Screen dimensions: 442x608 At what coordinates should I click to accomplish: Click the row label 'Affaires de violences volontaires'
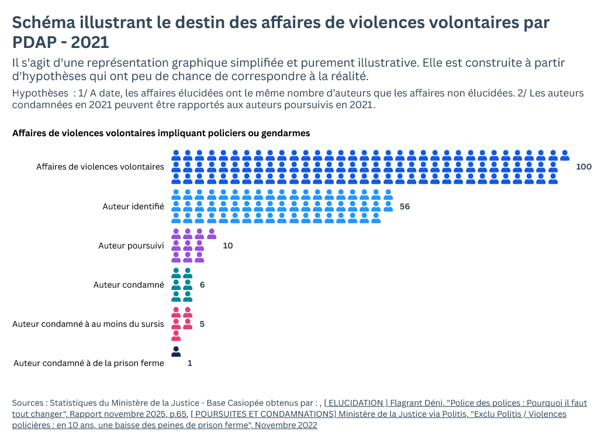tap(100, 167)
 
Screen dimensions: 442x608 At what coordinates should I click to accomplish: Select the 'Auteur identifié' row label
tap(133, 206)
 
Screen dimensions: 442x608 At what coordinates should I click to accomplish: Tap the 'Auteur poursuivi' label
tap(131, 246)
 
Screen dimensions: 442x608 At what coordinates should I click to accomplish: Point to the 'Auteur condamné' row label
tap(129, 285)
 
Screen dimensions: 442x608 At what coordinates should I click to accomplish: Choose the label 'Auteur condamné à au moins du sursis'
tap(88, 324)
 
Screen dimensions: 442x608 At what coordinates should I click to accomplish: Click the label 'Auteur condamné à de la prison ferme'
tap(88, 363)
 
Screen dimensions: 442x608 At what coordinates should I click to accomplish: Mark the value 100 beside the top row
tap(583, 167)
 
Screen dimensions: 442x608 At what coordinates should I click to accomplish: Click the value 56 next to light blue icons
tap(405, 206)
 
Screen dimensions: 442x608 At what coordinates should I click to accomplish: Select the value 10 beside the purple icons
tap(227, 246)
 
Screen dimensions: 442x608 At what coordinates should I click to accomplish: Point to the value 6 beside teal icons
tap(202, 285)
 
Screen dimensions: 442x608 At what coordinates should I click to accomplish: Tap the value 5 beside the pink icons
tap(202, 324)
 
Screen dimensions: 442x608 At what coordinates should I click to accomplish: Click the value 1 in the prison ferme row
tap(189, 363)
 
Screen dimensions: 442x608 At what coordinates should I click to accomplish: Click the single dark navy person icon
tap(175, 351)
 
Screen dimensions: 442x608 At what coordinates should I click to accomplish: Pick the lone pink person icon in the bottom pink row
tap(175, 336)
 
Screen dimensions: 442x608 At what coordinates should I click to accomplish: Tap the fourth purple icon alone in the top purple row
tap(211, 234)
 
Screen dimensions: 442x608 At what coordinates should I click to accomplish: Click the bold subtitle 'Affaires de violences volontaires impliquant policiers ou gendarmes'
tap(161, 133)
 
